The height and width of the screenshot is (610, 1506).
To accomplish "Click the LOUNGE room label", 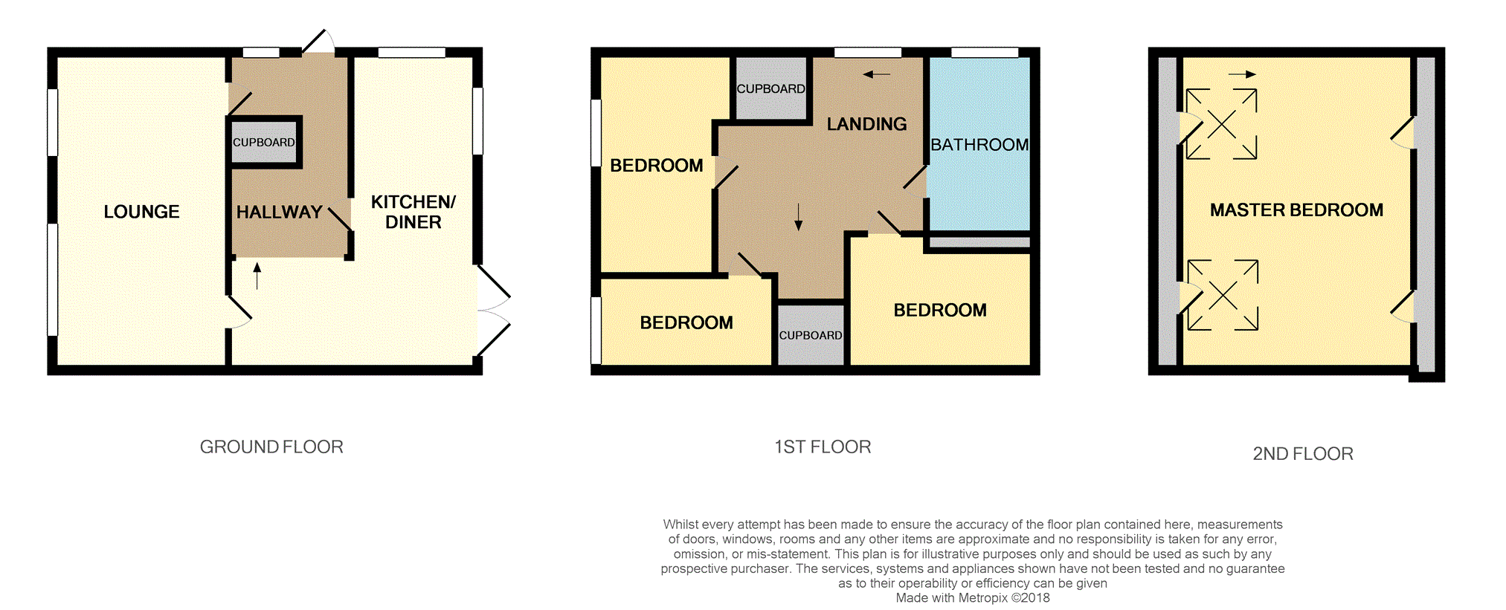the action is pos(141,212).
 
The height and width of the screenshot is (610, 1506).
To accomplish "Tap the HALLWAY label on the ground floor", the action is pos(279,212).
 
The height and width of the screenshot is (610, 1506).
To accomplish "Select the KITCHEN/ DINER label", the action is pos(413,212).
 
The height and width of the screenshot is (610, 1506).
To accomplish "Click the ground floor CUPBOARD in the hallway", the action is pos(264,142).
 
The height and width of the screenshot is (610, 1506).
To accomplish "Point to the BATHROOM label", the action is pos(979,145).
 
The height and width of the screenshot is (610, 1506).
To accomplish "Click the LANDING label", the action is pos(867,124).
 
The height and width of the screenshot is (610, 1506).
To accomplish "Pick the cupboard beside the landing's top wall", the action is pos(771,88).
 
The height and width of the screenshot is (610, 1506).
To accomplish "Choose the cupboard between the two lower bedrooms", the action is pos(811,335).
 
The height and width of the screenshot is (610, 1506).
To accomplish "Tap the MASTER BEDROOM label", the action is pos(1296,210).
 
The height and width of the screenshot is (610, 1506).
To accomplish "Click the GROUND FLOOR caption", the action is pos(271,447).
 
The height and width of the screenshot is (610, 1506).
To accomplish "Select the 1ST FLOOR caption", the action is pos(823,447).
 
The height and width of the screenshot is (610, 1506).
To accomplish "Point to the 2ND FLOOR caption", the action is pos(1303,453).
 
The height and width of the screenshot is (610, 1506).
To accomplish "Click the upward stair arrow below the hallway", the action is pos(257,276).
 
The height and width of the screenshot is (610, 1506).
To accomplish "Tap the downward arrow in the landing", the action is pos(798,217).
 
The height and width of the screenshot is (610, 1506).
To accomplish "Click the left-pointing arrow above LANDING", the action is pos(877,74).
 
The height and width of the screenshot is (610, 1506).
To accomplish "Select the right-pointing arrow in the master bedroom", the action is pos(1242,74).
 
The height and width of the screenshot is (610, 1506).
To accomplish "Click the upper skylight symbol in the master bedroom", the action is pos(1221,124).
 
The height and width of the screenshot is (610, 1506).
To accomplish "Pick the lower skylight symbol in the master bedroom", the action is pos(1223,295).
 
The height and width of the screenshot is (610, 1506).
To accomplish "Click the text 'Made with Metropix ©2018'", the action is pos(973,598).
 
